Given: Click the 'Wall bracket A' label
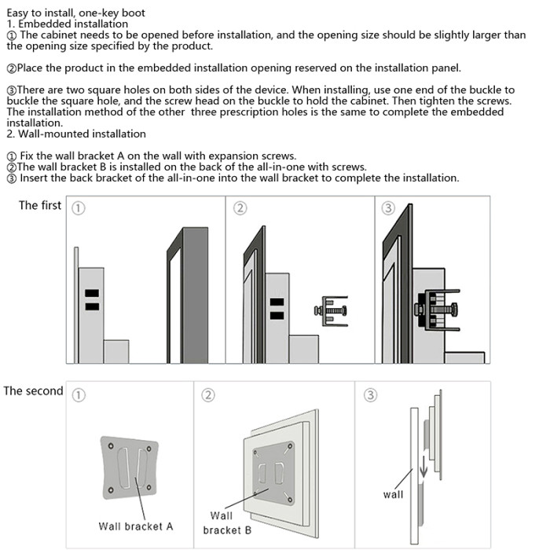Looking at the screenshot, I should (135, 526).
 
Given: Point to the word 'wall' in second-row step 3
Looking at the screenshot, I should (393, 494).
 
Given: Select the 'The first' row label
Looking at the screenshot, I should (39, 205).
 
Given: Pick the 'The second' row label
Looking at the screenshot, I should (33, 390).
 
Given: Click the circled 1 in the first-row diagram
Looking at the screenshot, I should (79, 208).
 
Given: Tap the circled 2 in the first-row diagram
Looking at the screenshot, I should (240, 207).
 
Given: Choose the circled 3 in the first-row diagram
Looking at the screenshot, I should (387, 207).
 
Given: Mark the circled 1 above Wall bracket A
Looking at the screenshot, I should (79, 394).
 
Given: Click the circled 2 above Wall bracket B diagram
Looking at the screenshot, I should (208, 394).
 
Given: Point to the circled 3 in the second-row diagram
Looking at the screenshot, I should (369, 394).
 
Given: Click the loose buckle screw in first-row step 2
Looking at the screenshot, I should (331, 310).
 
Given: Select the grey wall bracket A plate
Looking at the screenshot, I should (129, 467).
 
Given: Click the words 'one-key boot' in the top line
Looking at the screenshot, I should (114, 13).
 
